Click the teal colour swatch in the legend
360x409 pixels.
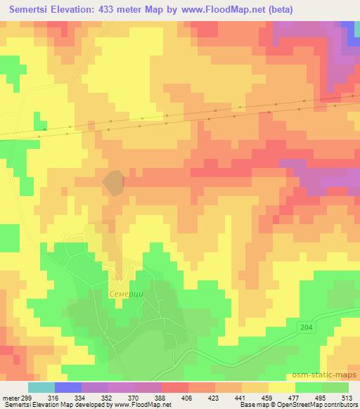pyautogui.click(x=41, y=387)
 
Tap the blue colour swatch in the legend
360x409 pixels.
pyautogui.click(x=68, y=387)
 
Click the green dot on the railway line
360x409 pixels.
pyautogui.click(x=46, y=129)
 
